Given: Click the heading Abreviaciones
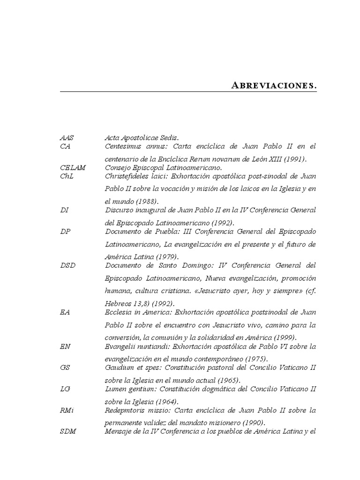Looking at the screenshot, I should pyautogui.click(x=274, y=86).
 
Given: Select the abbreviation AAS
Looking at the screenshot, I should pyautogui.click(x=67, y=138).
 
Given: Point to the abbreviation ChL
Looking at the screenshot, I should pyautogui.click(x=67, y=176).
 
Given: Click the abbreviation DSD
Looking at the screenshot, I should pyautogui.click(x=68, y=265).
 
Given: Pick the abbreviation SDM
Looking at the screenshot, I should pyautogui.click(x=68, y=432).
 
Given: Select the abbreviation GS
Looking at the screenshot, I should pyautogui.click(x=65, y=367).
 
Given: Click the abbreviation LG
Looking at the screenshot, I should pyautogui.click(x=65, y=389).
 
